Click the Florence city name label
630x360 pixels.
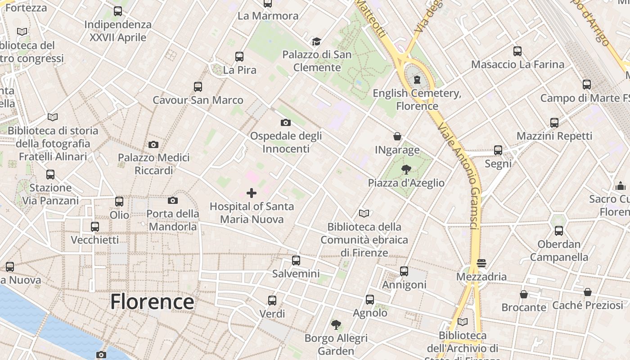pos(152,301)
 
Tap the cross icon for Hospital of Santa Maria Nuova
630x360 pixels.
pos(252,193)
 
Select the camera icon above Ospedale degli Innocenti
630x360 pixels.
pos(285,122)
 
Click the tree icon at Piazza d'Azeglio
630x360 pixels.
pos(406,170)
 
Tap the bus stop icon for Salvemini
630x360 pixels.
pos(296,260)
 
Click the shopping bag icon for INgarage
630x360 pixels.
pos(397,136)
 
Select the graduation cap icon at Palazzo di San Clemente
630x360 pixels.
pos(317,42)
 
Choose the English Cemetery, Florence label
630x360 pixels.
pos(417,99)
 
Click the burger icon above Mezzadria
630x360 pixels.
pos(481,263)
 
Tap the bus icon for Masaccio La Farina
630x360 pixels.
pos(517,51)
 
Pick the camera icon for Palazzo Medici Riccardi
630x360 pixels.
pos(153,144)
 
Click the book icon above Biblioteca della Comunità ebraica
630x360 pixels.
pos(364,213)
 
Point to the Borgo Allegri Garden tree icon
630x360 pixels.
pos(336,324)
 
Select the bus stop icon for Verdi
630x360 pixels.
pos(272,300)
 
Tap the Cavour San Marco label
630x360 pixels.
pos(198,100)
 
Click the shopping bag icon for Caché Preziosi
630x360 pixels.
pos(588,292)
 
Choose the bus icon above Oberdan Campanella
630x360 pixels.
pos(559,231)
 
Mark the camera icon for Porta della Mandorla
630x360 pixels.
pos(173,200)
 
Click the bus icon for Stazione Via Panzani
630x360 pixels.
pos(50,174)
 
